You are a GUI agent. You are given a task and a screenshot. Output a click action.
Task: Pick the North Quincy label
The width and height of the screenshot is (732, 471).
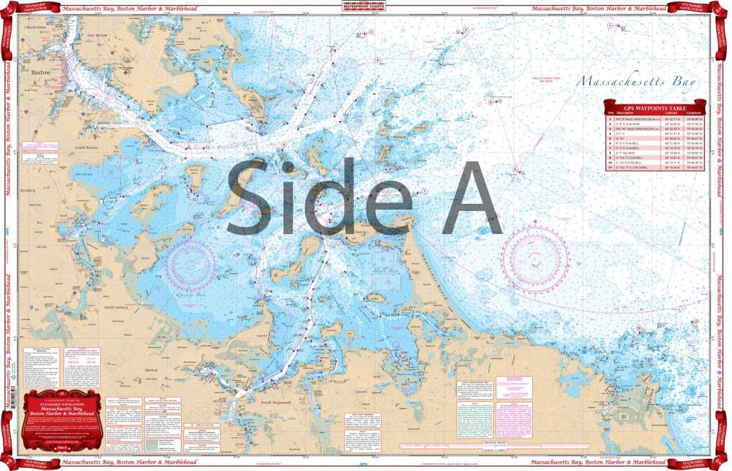pyautogui.click(x=115, y=308)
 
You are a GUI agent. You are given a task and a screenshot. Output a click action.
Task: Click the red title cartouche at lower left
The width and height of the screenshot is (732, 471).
pyautogui.click(x=62, y=422)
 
